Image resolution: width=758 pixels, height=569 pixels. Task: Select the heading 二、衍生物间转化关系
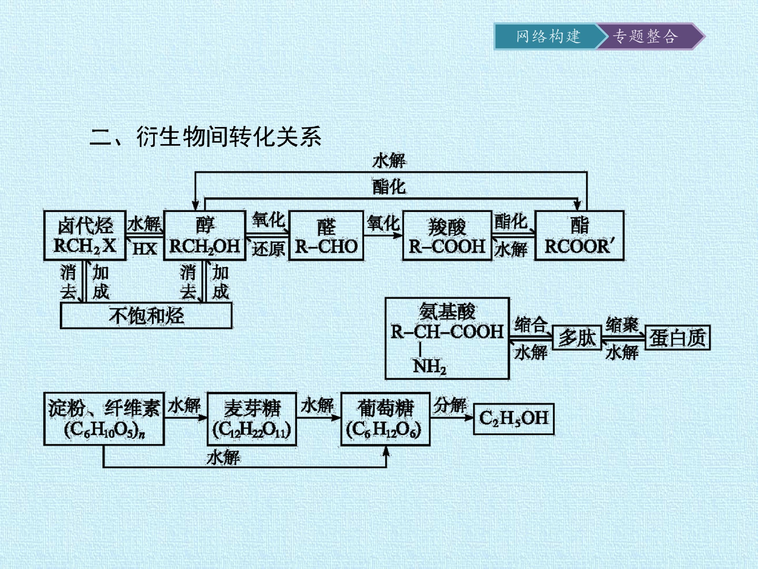(205, 136)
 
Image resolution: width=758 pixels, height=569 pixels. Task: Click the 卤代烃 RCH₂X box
(85, 236)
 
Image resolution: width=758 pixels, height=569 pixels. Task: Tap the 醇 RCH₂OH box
(205, 236)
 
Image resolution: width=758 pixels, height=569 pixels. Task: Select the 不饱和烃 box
(146, 315)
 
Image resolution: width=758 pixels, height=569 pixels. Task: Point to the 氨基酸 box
(447, 339)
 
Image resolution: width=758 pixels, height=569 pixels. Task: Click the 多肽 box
(577, 337)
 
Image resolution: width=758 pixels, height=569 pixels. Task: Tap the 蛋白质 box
(677, 337)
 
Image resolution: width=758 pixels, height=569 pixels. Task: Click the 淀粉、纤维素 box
(104, 419)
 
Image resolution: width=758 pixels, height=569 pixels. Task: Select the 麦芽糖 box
(252, 419)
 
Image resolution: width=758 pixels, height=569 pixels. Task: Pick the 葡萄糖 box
(385, 419)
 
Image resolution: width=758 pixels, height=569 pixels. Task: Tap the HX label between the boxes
(144, 249)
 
